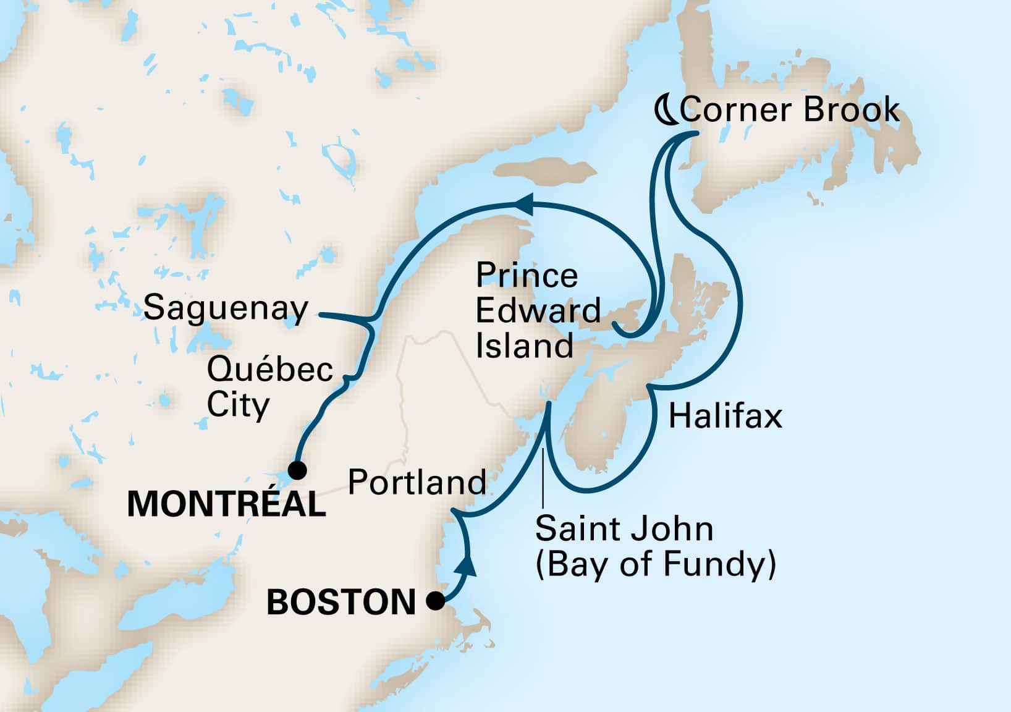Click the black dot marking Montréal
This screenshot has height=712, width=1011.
click(297, 470)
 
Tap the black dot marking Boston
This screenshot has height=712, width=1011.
click(436, 600)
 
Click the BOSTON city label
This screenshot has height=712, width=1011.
click(341, 602)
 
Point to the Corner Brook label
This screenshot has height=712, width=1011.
click(789, 110)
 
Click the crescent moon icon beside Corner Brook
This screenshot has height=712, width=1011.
click(666, 111)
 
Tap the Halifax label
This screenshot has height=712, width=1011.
click(725, 416)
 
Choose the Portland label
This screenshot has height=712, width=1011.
click(417, 481)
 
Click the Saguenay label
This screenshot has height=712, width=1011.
click(226, 308)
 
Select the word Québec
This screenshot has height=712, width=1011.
click(270, 370)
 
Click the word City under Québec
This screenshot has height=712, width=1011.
click(238, 405)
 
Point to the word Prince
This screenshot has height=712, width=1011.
click(527, 275)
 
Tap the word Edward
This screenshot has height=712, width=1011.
click(538, 310)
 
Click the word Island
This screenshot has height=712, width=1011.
click(524, 345)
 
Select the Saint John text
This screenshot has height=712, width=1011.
click(624, 529)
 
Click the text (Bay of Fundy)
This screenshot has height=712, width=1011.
click(655, 564)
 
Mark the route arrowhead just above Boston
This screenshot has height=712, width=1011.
click(469, 564)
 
